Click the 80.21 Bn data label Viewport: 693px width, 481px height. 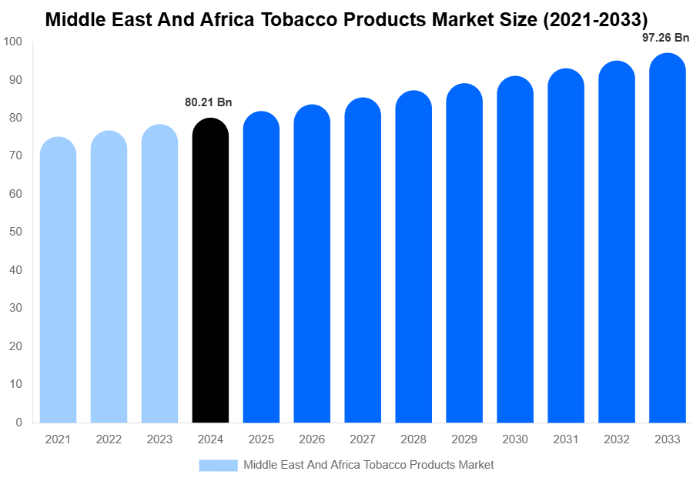208,102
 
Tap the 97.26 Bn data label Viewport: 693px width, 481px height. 665,37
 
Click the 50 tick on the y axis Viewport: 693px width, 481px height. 17,232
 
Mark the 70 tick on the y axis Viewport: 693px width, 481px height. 17,155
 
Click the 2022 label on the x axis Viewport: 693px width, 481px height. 109,439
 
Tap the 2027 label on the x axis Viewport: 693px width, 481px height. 363,439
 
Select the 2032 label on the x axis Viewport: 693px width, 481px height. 617,439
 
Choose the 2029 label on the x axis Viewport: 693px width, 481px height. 464,439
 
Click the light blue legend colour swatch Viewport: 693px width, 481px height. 218,465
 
